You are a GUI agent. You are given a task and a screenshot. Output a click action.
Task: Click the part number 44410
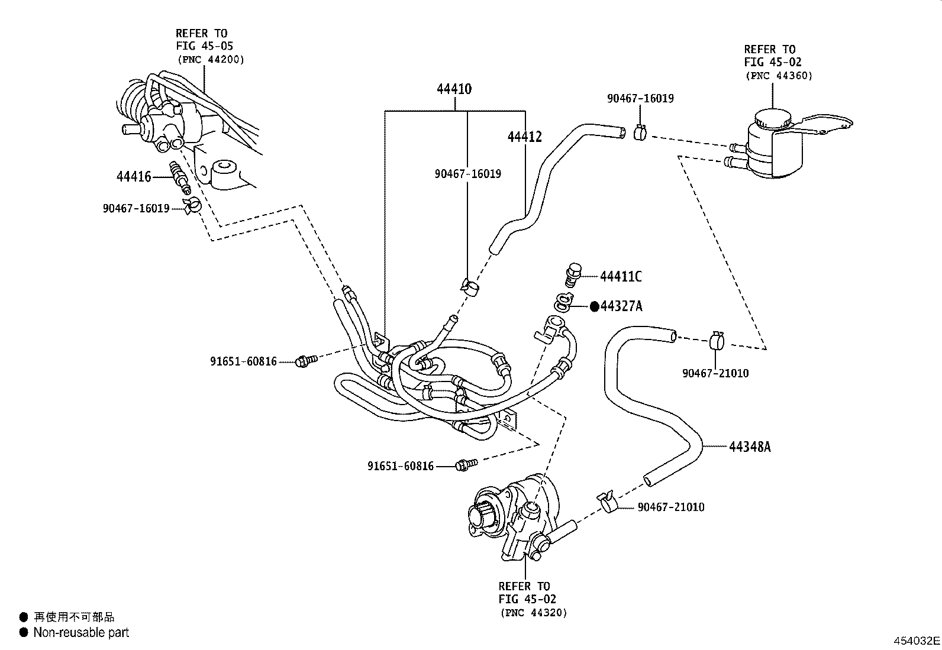coord(454,89)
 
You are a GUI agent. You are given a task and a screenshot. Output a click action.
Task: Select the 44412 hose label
coord(524,137)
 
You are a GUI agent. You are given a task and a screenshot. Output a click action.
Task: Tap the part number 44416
coord(134,176)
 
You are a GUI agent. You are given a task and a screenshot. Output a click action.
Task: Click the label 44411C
coord(621,276)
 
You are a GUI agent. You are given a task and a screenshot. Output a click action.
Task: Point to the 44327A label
coord(621,306)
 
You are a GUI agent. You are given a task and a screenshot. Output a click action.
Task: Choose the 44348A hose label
coord(750,447)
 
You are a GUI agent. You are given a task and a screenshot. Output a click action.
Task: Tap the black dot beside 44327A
coord(595,306)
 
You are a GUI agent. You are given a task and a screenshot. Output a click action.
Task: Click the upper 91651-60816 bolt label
coord(243,361)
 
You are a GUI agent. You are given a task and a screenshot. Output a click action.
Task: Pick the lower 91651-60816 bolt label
coord(401,466)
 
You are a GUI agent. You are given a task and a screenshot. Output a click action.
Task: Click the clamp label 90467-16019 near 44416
coord(136,208)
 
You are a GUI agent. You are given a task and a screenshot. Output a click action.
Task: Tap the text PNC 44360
coord(779,76)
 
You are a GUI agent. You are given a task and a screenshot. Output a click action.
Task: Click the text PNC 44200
coord(210,60)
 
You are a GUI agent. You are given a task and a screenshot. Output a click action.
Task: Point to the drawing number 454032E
coord(916,641)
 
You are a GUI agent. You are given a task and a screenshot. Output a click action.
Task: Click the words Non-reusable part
coord(81,632)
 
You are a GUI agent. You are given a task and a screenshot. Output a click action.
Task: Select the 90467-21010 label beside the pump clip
coord(671,507)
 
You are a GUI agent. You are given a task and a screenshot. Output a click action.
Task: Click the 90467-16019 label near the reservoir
coord(640,98)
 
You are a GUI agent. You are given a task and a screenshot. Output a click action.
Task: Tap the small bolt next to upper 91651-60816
coord(306,360)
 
